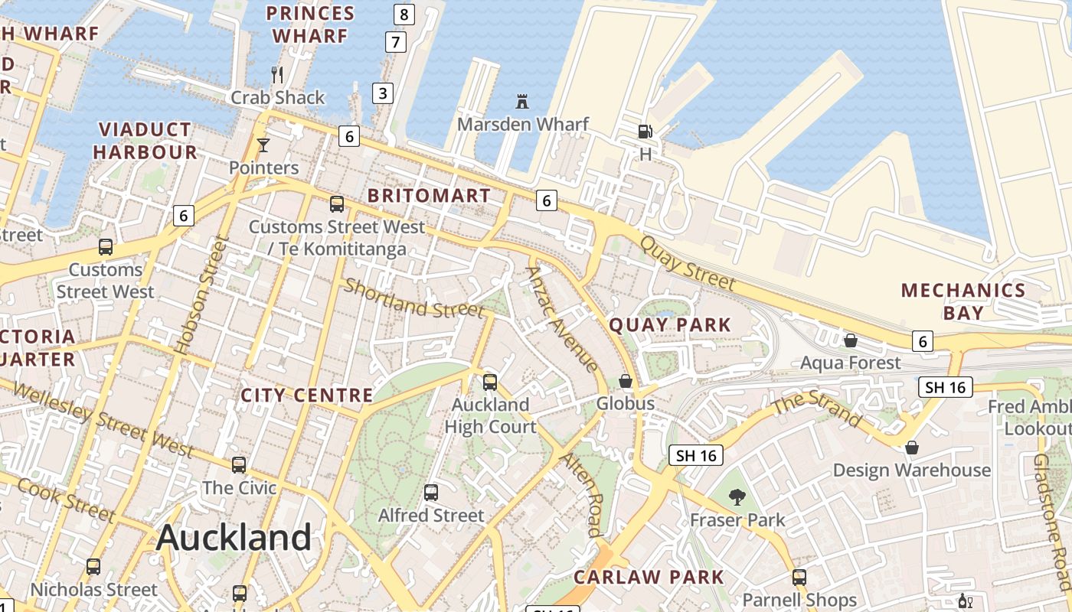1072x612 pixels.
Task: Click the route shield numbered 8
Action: point(404,14)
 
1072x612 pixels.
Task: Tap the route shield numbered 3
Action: point(383,93)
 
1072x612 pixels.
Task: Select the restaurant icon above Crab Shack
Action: point(277,74)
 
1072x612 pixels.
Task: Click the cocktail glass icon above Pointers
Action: point(263,145)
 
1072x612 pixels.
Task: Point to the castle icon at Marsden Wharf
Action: point(522,101)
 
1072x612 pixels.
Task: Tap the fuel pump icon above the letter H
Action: point(645,132)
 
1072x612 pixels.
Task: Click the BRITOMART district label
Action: point(429,196)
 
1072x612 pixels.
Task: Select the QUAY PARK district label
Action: point(670,325)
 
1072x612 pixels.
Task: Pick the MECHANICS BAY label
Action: point(963,301)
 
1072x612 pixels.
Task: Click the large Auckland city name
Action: point(234,538)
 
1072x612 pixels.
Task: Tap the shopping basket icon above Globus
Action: point(626,381)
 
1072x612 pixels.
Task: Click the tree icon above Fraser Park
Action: point(737,497)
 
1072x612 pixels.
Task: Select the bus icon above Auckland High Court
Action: point(490,382)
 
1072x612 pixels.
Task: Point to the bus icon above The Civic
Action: point(239,464)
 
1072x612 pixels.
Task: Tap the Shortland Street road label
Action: point(413,299)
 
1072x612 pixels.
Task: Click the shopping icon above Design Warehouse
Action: point(911,447)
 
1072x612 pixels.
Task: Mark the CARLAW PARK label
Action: point(649,577)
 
